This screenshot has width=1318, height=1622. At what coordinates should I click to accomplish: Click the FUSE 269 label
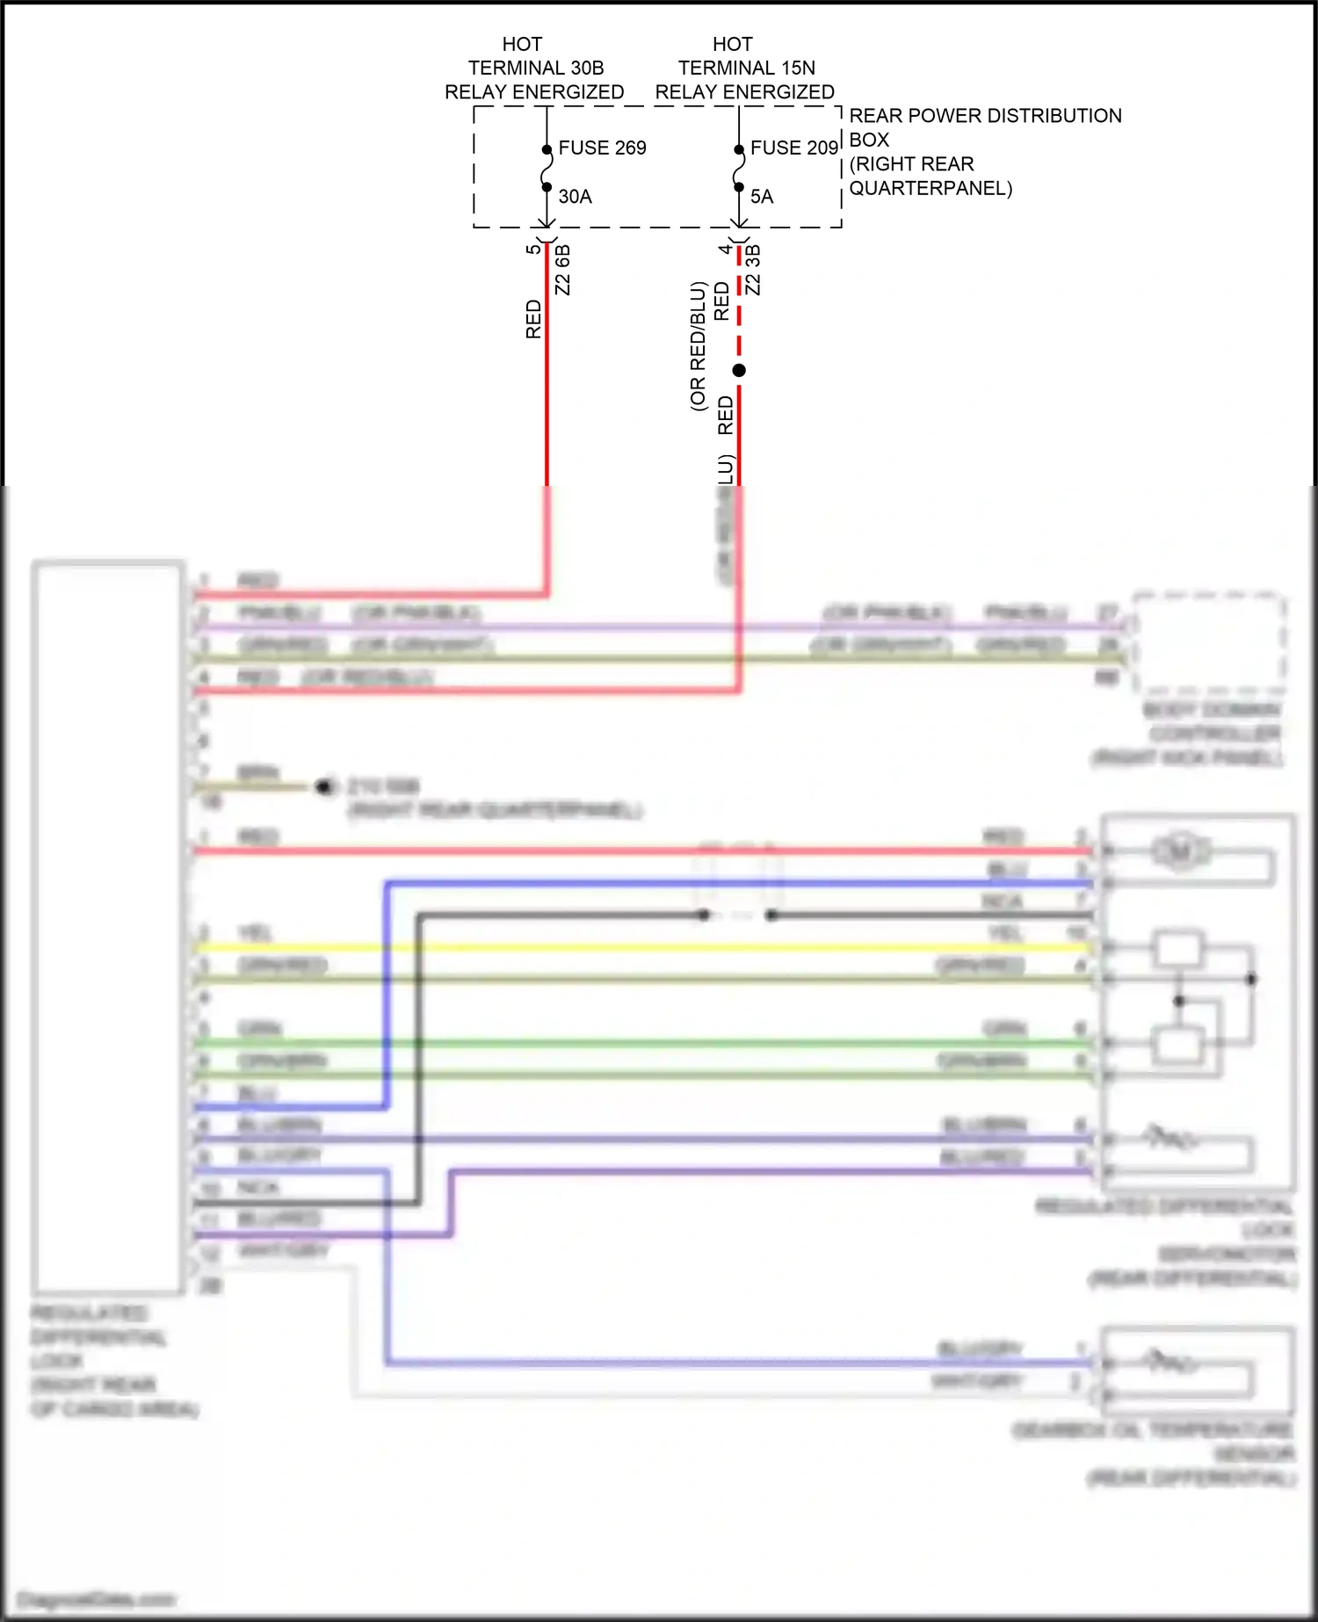(602, 148)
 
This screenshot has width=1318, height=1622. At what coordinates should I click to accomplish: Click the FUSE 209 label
(793, 148)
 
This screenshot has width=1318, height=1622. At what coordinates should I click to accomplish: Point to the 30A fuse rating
(575, 197)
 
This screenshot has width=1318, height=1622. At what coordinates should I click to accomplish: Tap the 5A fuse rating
(762, 197)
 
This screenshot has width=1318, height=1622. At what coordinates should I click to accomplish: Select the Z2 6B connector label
(563, 270)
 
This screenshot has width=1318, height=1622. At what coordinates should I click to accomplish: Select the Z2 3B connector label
(753, 270)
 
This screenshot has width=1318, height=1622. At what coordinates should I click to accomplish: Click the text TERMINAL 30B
(535, 68)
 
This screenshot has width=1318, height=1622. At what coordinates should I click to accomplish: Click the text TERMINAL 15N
(746, 68)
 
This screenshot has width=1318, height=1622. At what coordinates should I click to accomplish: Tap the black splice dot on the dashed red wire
(739, 371)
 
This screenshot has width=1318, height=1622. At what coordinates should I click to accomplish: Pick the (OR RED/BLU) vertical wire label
(698, 346)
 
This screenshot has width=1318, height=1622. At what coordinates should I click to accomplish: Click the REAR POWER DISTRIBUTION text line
(984, 116)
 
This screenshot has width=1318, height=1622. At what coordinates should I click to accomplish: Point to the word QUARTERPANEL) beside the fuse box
(930, 188)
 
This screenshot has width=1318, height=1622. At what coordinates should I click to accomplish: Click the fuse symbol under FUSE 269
(547, 168)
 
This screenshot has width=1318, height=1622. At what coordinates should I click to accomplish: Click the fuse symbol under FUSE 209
(739, 168)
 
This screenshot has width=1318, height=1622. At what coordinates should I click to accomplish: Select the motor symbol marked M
(1180, 851)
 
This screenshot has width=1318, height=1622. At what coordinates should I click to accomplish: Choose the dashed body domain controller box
(1209, 643)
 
